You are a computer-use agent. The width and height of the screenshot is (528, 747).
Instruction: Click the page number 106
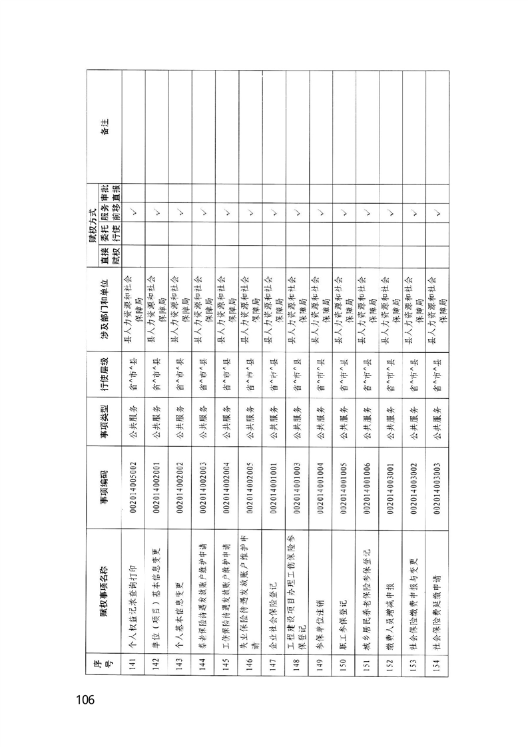click(x=88, y=700)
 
